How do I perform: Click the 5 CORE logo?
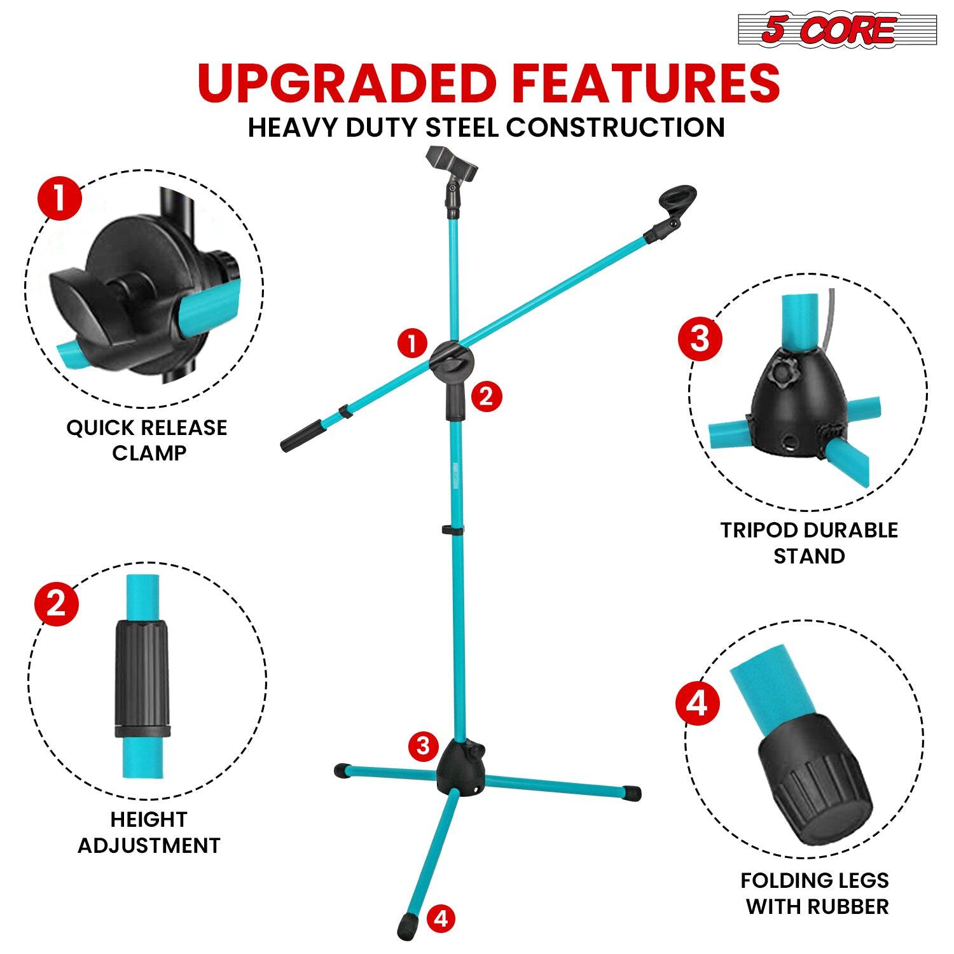pos(827,30)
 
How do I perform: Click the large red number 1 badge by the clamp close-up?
pos(60,198)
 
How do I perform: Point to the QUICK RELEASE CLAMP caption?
pos(147,440)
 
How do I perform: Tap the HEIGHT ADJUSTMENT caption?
pos(149,832)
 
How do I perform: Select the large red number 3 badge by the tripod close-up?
pos(700,338)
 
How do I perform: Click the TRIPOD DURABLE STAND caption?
pos(809,543)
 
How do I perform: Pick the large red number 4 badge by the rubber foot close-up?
pos(698,704)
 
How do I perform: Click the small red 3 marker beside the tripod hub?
pos(424,745)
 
